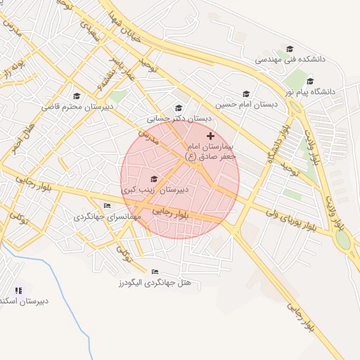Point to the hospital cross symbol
point(210,135)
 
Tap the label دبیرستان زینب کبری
point(154,191)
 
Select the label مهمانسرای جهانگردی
point(108,217)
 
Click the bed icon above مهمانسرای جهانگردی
point(107,206)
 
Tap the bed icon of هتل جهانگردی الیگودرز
point(155,271)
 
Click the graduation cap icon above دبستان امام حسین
point(246,94)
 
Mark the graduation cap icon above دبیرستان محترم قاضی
point(77,96)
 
